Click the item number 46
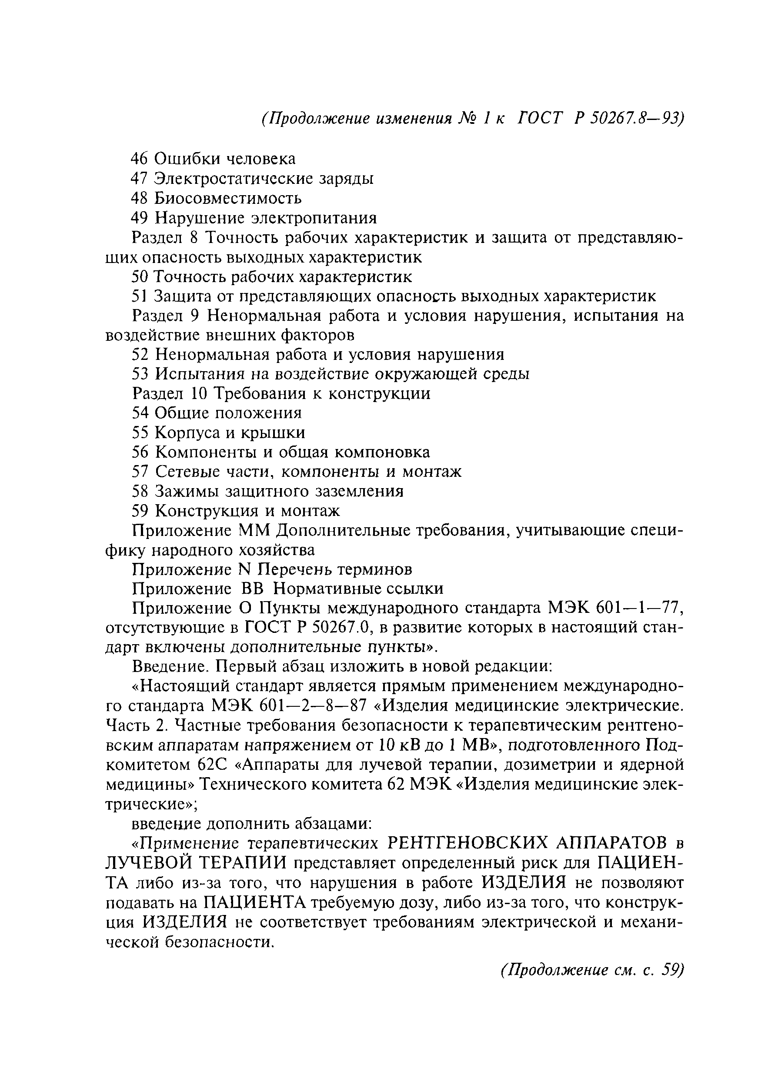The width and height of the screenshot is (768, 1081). pyautogui.click(x=140, y=159)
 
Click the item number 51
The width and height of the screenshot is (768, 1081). pyautogui.click(x=139, y=296)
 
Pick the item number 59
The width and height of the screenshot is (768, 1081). pyautogui.click(x=140, y=511)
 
